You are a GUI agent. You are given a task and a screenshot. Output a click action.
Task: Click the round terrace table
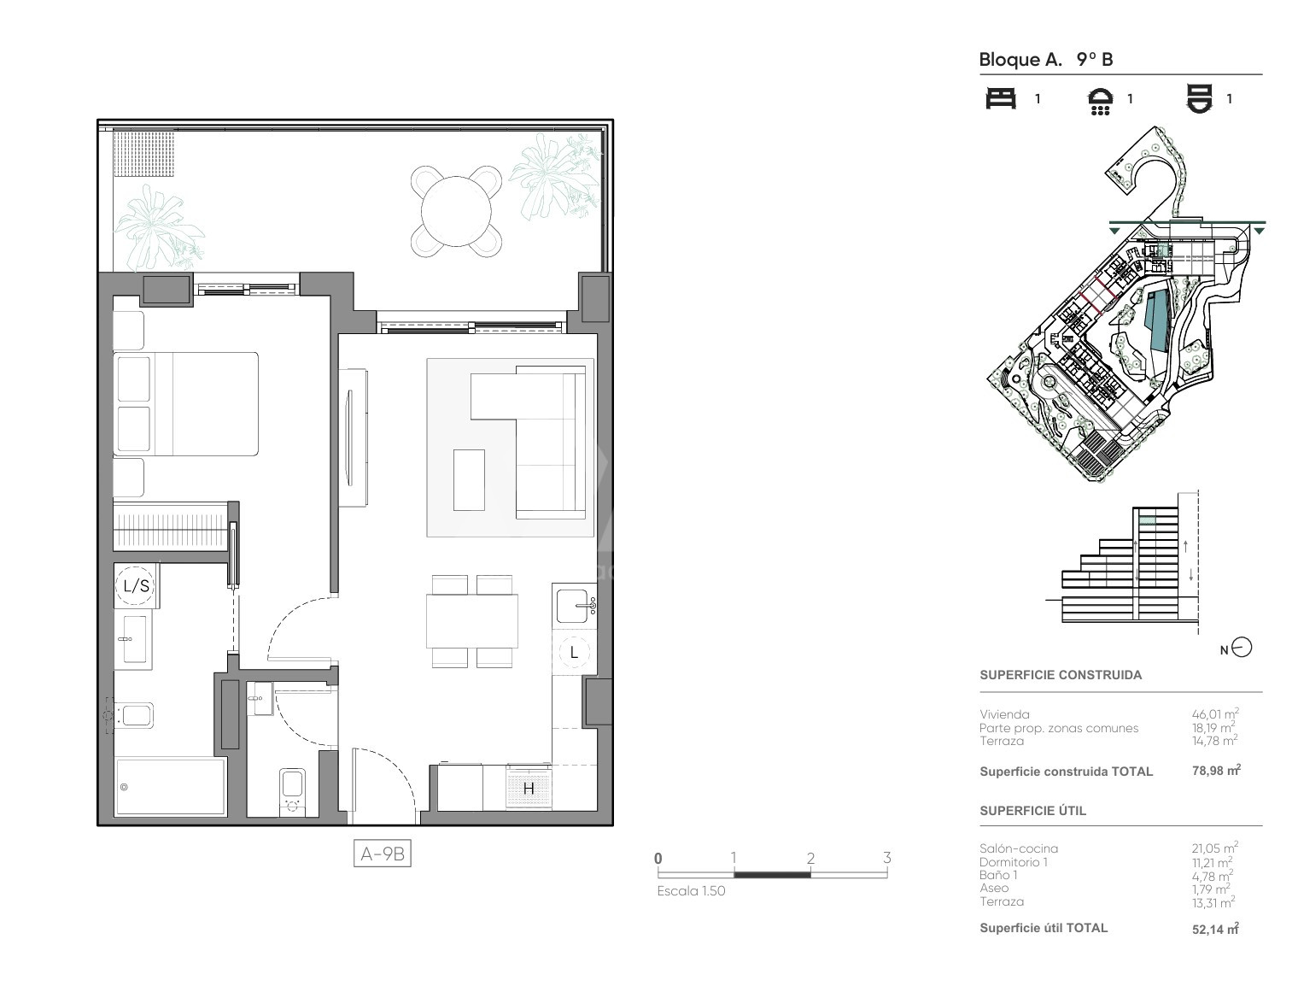[456, 211]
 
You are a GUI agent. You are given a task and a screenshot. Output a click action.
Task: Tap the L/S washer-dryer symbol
[136, 585]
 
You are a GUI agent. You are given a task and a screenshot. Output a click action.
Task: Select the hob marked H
[529, 788]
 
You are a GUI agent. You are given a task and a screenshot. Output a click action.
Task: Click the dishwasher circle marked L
[574, 653]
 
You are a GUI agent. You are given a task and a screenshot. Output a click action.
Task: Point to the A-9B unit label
[382, 854]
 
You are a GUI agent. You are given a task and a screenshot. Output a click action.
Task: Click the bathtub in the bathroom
[171, 787]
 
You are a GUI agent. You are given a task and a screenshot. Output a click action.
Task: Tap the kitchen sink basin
[573, 606]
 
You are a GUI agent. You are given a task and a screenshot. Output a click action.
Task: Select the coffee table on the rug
[469, 479]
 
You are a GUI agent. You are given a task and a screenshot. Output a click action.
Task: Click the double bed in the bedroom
[185, 404]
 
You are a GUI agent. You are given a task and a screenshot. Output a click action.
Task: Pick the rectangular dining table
[472, 621]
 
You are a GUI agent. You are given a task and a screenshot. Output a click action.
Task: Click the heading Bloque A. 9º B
[1046, 60]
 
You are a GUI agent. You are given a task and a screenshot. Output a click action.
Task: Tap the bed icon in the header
[1001, 98]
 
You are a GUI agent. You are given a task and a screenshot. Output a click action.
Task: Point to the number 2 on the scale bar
[810, 858]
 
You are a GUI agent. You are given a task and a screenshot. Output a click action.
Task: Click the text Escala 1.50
[691, 891]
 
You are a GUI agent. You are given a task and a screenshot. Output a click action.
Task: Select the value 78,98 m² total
[1216, 771]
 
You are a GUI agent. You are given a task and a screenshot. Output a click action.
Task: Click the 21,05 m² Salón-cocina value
[1214, 848]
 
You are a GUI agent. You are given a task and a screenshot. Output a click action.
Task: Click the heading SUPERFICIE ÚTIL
[1032, 811]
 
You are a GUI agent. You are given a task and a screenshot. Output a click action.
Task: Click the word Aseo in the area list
[994, 888]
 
